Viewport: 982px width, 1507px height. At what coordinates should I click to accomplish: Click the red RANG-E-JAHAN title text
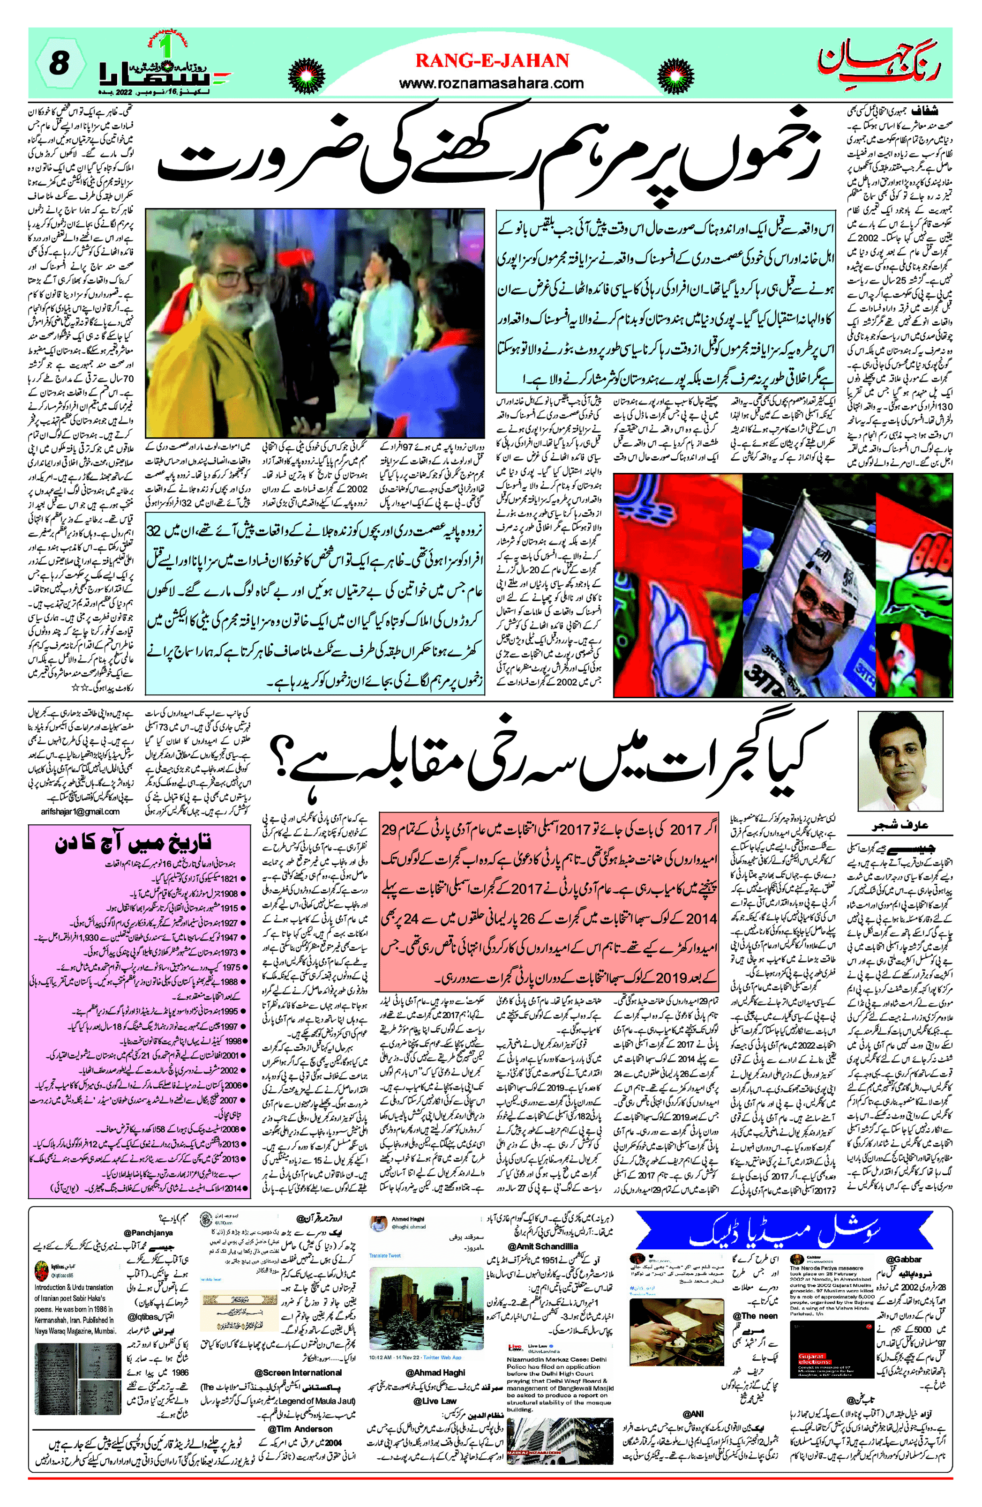pos(492,61)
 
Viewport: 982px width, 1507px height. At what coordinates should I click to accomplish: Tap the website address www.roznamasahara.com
pos(492,83)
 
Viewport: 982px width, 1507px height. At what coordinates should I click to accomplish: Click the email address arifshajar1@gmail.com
pos(81,811)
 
